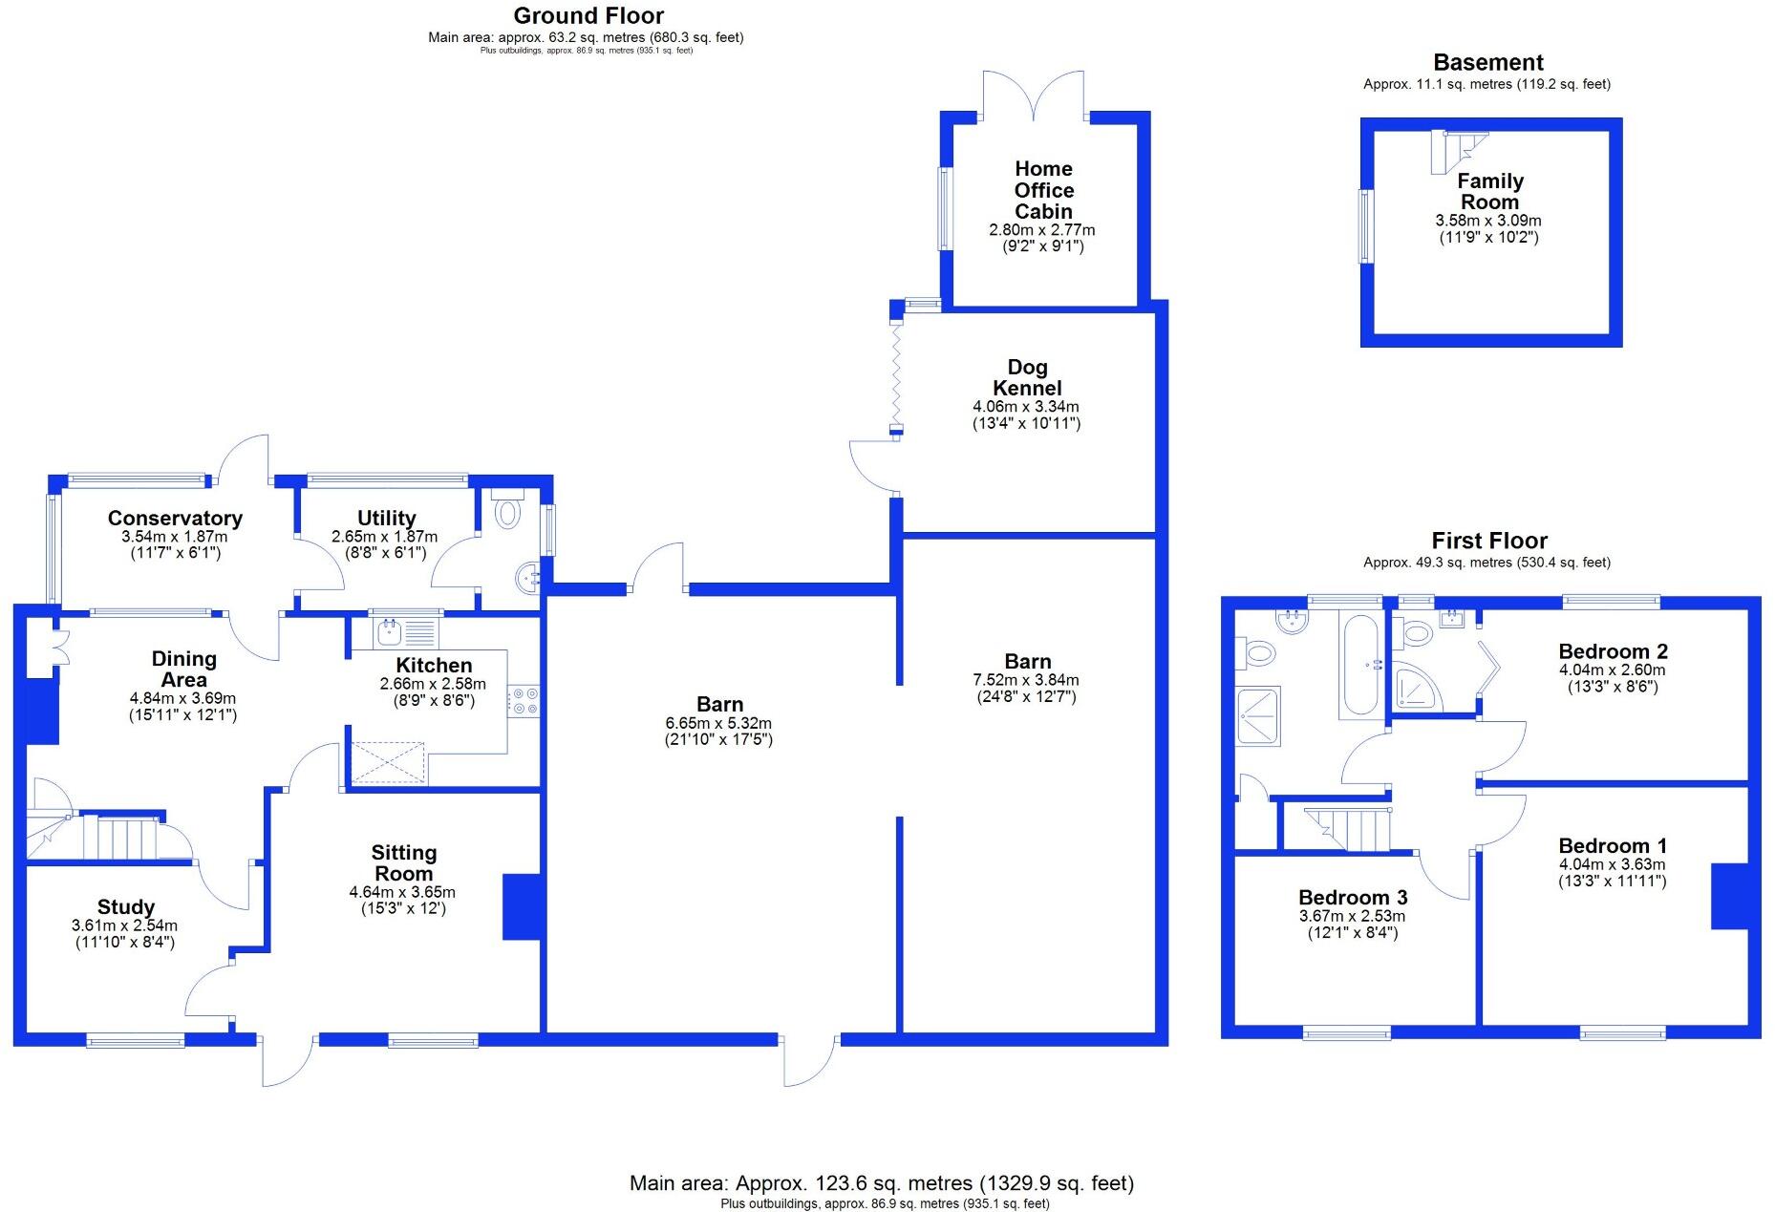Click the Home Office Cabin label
click(x=1042, y=190)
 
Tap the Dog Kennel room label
click(x=1027, y=377)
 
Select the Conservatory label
click(x=175, y=518)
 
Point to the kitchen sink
click(x=390, y=631)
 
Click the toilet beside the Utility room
click(x=507, y=511)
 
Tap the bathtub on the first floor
click(x=1359, y=666)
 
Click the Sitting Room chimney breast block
click(x=522, y=906)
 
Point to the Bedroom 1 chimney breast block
click(x=1729, y=896)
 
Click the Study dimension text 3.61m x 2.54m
click(x=124, y=925)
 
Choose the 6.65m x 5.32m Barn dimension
click(x=718, y=723)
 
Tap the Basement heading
click(x=1487, y=63)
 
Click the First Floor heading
click(x=1488, y=541)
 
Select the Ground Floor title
click(x=588, y=15)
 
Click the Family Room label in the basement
click(x=1489, y=191)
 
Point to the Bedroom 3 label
click(x=1352, y=897)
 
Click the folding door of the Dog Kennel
click(x=895, y=376)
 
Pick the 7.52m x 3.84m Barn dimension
click(x=1026, y=680)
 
